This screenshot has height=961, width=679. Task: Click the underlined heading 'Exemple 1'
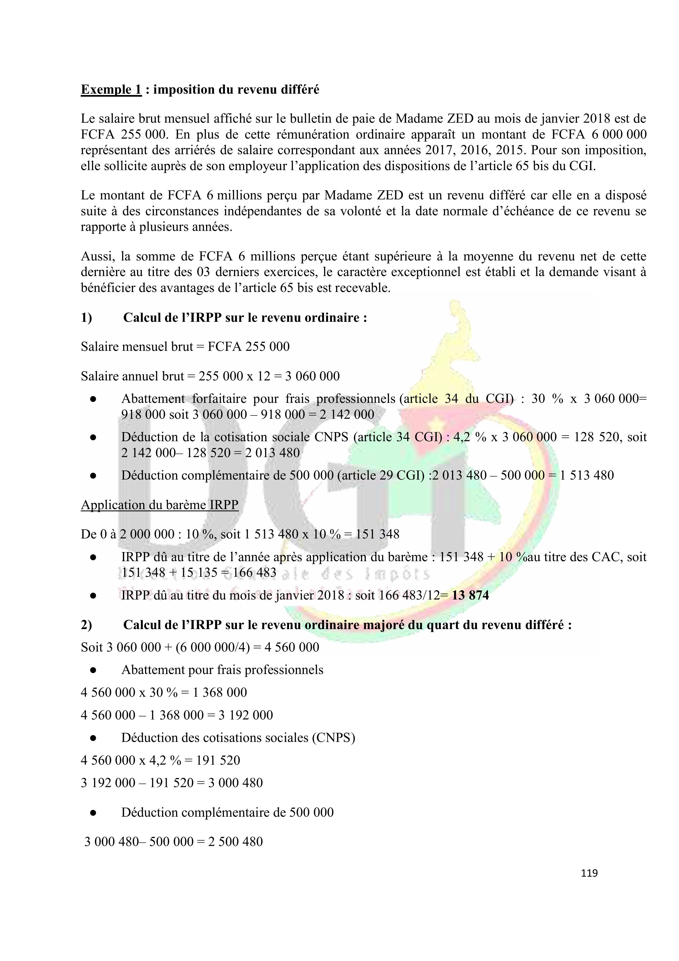(x=111, y=90)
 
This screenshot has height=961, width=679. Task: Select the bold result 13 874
(x=470, y=595)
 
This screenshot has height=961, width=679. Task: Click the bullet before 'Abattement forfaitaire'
(x=93, y=399)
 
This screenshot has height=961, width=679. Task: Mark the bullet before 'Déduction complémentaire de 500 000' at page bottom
(x=93, y=812)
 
